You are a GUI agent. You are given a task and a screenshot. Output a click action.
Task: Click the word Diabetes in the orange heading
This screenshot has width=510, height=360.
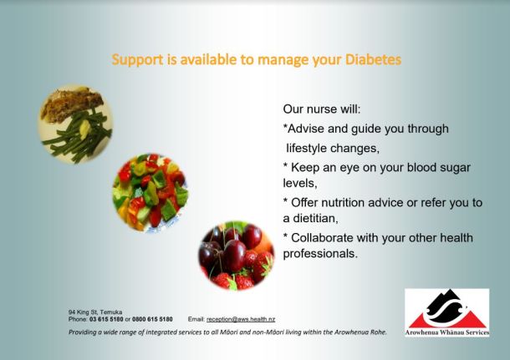(x=373, y=60)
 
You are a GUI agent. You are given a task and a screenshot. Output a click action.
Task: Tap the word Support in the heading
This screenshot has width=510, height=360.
(x=138, y=60)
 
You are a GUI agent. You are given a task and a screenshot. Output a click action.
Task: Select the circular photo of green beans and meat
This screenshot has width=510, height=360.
(x=76, y=124)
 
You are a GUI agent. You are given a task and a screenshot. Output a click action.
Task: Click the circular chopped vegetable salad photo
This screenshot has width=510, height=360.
(x=150, y=192)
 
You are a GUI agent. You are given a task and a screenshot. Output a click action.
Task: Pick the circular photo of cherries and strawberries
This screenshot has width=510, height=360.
(x=237, y=256)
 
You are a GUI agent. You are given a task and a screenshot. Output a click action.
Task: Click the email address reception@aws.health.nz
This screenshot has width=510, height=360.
(x=241, y=319)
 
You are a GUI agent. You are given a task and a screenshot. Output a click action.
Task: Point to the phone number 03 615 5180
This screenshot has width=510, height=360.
(x=106, y=319)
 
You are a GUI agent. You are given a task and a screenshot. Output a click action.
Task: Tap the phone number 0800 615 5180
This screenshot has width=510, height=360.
(x=152, y=319)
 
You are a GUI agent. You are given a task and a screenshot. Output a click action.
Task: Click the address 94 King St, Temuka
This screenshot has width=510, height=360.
(x=95, y=312)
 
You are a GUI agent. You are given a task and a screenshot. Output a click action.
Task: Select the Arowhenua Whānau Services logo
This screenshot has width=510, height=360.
(x=447, y=312)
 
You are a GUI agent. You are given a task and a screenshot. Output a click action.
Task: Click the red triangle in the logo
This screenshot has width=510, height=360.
(x=448, y=320)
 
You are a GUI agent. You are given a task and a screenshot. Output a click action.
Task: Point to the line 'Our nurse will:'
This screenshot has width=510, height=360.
(x=322, y=109)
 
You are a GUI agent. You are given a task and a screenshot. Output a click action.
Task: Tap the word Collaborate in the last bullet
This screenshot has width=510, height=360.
(x=323, y=238)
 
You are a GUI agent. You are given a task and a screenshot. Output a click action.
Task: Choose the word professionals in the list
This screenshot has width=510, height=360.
(x=320, y=254)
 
